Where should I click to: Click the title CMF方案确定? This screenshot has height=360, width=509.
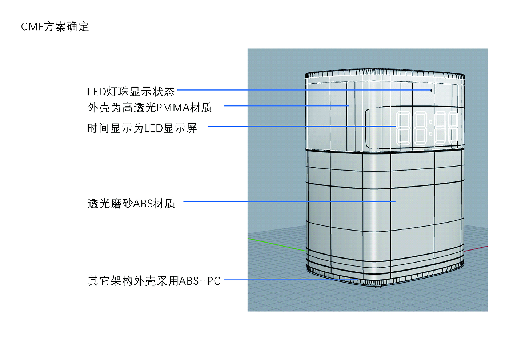(x=55, y=27)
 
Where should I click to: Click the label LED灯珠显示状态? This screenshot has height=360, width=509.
(x=131, y=91)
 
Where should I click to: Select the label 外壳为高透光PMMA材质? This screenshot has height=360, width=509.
(x=150, y=107)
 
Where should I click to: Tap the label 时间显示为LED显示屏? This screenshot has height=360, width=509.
(x=142, y=128)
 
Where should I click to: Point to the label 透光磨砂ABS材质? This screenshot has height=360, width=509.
(x=131, y=203)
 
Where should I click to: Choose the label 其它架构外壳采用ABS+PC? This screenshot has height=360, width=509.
(x=154, y=281)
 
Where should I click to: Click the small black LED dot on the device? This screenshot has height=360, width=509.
(x=431, y=90)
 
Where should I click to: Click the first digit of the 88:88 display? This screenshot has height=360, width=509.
(x=403, y=128)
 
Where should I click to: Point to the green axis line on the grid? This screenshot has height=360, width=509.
(x=276, y=244)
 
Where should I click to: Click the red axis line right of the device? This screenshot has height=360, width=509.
(x=476, y=249)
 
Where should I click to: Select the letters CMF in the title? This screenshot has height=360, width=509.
(x=32, y=27)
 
